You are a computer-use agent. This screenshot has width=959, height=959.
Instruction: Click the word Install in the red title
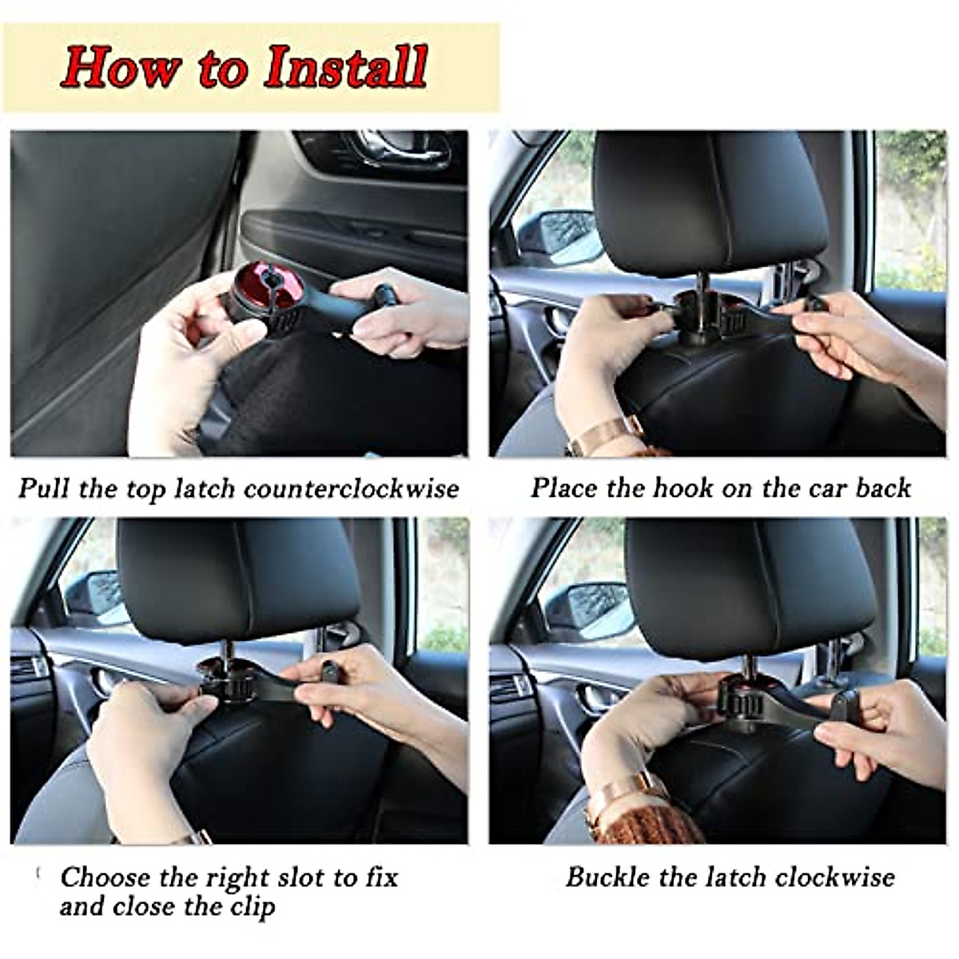tap(346, 67)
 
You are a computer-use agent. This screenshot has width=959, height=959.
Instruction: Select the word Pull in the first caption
tap(45, 488)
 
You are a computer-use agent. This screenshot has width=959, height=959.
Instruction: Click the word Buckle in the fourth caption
tap(607, 877)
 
